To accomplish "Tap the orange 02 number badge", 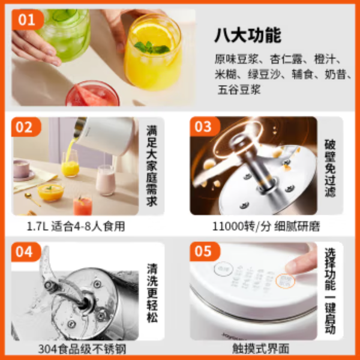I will pos(26,127).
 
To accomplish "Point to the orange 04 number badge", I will pos(26,253).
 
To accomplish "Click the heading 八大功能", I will pos(247,35).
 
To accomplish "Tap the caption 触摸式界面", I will pos(259,349).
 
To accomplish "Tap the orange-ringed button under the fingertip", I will pos(285,280).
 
